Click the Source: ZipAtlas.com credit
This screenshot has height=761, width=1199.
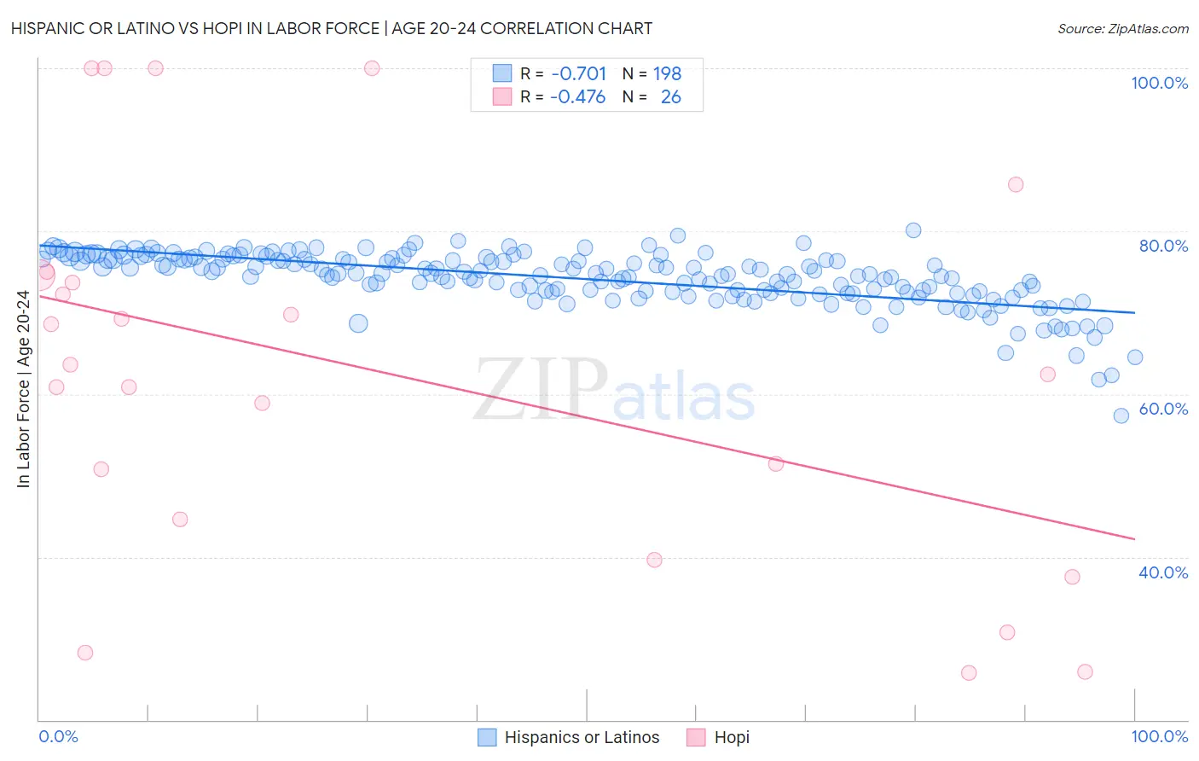pyautogui.click(x=1122, y=28)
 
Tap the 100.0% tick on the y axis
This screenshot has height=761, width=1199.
pyautogui.click(x=1159, y=83)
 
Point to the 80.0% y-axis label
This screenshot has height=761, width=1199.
pyautogui.click(x=1163, y=246)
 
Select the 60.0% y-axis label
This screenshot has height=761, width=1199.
pyautogui.click(x=1163, y=409)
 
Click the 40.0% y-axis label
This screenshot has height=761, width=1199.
pyautogui.click(x=1163, y=572)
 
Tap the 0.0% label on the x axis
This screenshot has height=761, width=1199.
pyautogui.click(x=58, y=736)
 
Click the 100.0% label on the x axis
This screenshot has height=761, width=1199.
pyautogui.click(x=1159, y=736)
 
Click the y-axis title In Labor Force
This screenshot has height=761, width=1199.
pyautogui.click(x=23, y=389)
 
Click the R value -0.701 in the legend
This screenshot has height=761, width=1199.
pyautogui.click(x=578, y=74)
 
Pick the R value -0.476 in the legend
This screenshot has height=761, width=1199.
pyautogui.click(x=578, y=97)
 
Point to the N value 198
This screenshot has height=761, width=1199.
pyautogui.click(x=667, y=74)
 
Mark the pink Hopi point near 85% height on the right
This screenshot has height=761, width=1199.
pyautogui.click(x=1015, y=184)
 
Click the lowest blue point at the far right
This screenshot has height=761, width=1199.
pyautogui.click(x=1121, y=415)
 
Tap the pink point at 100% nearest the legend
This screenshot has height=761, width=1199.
pyautogui.click(x=372, y=68)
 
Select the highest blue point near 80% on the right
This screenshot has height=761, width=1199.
pyautogui.click(x=913, y=230)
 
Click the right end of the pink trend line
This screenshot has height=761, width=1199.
pyautogui.click(x=1134, y=538)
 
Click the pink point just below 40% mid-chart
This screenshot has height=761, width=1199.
pyautogui.click(x=654, y=560)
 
